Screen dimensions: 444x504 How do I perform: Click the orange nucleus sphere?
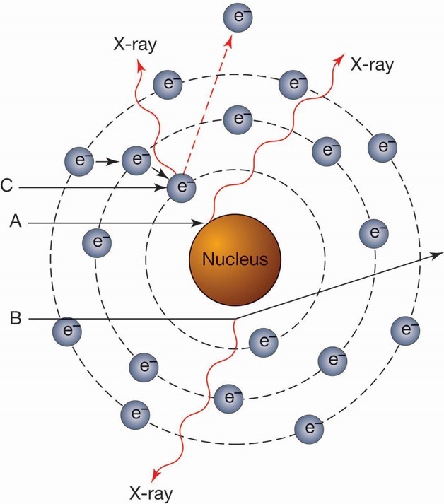tap(235, 258)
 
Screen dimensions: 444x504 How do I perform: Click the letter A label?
tap(15, 223)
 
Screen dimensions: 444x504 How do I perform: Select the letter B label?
tap(15, 319)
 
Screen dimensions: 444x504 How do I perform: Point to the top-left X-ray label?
tap(134, 46)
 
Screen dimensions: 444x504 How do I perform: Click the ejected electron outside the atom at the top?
tap(238, 18)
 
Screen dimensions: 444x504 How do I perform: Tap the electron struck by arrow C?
tap(182, 187)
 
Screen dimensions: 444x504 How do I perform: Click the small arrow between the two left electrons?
tap(106, 161)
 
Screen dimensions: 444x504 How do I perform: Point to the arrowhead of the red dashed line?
tap(231, 42)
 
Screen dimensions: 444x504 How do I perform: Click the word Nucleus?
tap(235, 259)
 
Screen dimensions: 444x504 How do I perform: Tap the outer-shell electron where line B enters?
tap(69, 329)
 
